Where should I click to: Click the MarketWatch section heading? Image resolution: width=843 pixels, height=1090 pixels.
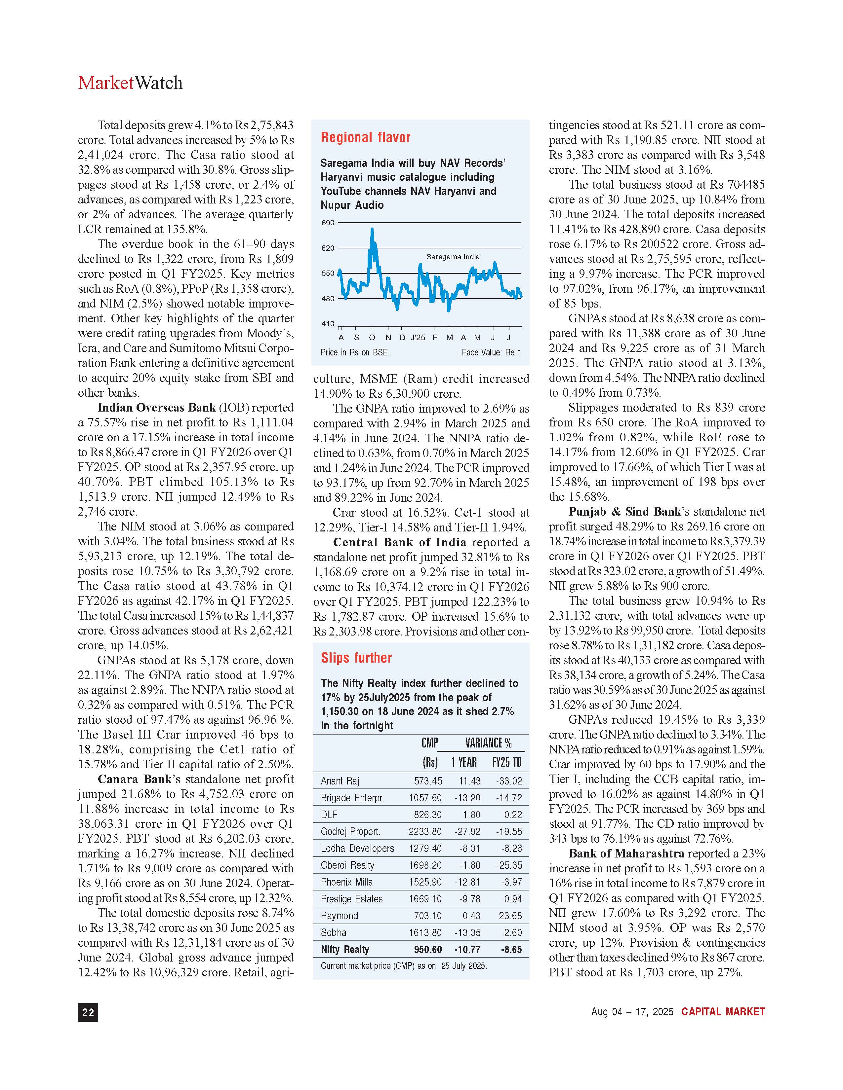(130, 83)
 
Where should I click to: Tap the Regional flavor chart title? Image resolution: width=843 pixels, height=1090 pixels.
(366, 137)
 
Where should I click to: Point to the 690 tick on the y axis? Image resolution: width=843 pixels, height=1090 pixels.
(328, 223)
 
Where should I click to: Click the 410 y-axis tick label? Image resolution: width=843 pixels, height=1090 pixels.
(328, 324)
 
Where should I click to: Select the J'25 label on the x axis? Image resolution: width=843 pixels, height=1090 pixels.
(418, 337)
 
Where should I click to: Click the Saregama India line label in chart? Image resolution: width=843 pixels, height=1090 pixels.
(453, 257)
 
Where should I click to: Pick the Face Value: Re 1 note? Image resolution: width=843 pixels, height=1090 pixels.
(491, 352)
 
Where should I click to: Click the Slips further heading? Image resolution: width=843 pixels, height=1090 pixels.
(356, 658)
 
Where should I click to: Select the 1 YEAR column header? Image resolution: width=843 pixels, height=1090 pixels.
(464, 762)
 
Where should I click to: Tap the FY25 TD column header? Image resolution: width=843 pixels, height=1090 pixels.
(507, 762)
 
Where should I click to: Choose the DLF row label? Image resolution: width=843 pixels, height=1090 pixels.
(329, 815)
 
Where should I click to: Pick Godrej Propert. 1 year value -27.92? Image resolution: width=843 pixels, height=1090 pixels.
(467, 831)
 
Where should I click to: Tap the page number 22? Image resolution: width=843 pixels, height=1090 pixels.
(88, 1012)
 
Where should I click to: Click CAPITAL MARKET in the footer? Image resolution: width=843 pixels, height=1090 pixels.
(723, 1012)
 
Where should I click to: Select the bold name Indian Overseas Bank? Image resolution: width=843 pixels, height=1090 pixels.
(157, 408)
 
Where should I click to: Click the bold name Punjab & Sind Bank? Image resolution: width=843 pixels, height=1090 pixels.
(624, 512)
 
